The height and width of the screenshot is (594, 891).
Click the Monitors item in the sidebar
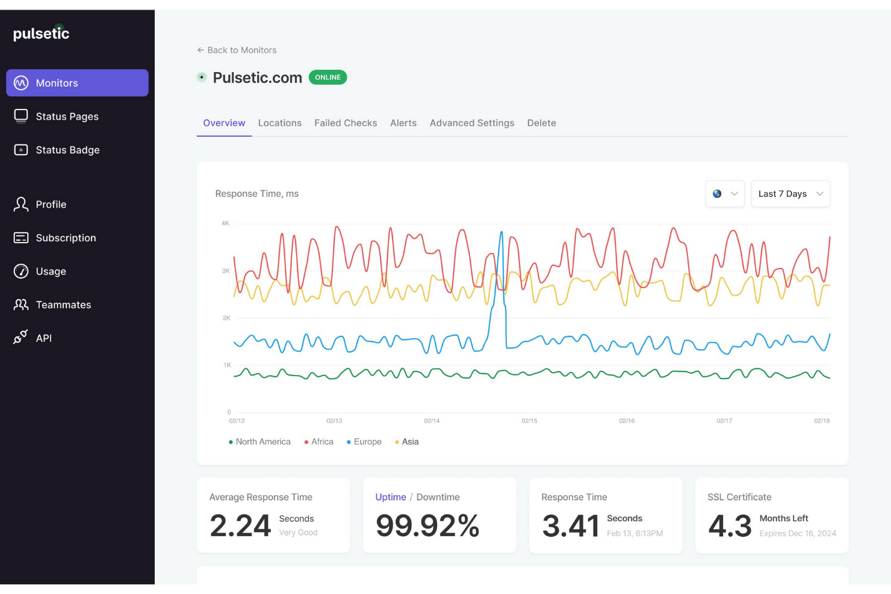pyautogui.click(x=77, y=83)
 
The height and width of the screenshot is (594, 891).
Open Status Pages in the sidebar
pyautogui.click(x=66, y=117)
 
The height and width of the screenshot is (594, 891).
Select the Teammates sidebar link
pyautogui.click(x=63, y=305)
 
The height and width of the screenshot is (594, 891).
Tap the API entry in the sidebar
pyautogui.click(x=43, y=338)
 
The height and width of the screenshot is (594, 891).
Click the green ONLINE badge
pyautogui.click(x=328, y=78)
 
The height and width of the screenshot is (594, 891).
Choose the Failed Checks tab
pyautogui.click(x=346, y=123)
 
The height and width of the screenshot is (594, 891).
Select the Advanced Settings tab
pyautogui.click(x=471, y=123)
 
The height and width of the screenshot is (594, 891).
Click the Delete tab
pyautogui.click(x=541, y=123)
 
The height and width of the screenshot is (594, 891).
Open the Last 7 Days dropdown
pyautogui.click(x=790, y=194)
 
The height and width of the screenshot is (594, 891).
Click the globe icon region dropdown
pyautogui.click(x=724, y=194)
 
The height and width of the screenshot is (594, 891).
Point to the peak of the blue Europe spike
pyautogui.click(x=501, y=232)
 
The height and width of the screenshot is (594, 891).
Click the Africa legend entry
pyautogui.click(x=321, y=442)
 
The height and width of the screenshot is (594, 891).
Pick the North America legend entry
pyautogui.click(x=262, y=442)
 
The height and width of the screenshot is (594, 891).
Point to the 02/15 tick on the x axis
pyautogui.click(x=529, y=421)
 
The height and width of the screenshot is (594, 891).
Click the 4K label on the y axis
pyautogui.click(x=225, y=223)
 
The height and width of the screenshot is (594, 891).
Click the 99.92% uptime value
pyautogui.click(x=427, y=525)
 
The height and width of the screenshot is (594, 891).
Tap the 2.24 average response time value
pyautogui.click(x=240, y=525)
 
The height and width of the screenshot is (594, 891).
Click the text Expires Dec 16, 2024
pyautogui.click(x=797, y=533)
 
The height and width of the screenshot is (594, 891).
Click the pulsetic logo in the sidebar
pyautogui.click(x=42, y=34)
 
